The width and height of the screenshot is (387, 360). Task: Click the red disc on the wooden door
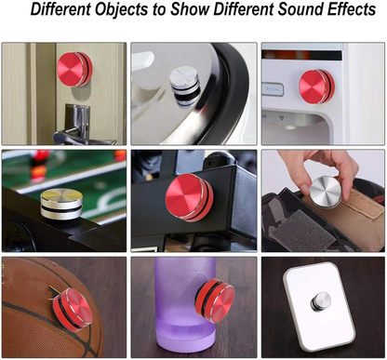[74, 69]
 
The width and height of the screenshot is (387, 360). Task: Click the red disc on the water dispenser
[317, 87]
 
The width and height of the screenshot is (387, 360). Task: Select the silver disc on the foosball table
[61, 204]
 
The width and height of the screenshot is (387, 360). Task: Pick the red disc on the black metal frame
[189, 197]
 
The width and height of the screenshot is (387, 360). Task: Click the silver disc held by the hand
[326, 192]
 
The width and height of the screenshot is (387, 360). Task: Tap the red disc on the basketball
[73, 309]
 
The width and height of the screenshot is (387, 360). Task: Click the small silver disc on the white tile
[321, 301]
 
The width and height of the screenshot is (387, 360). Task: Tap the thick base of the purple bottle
[185, 339]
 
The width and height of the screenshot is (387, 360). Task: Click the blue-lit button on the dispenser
[273, 90]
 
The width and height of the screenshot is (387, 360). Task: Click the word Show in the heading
[191, 9]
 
